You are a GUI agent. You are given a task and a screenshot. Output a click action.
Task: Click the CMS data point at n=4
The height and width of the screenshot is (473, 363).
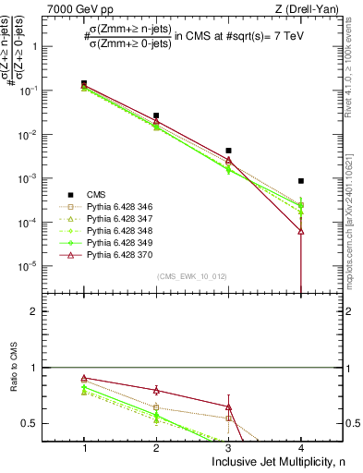point(301,181)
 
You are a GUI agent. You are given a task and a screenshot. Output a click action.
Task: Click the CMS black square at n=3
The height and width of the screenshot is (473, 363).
point(228,151)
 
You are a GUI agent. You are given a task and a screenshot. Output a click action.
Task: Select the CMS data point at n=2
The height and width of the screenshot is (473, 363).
point(156,115)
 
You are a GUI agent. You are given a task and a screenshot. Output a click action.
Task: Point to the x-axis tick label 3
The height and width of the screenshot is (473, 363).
point(228,447)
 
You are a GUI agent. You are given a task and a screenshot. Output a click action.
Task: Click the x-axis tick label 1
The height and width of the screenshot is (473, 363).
point(84,447)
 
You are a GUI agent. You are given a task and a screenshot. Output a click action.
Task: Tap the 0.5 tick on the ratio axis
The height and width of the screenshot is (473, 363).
point(39,423)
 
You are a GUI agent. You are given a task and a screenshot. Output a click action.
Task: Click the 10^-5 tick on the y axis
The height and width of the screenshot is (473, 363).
point(36,266)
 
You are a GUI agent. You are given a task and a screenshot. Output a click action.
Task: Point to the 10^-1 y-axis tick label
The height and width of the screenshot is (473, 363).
point(36,91)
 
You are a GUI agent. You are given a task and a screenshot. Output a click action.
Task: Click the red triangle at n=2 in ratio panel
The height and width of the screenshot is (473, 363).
point(156,390)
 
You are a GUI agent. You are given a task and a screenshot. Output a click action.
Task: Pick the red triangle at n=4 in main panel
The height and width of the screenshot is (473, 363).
point(301,231)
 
